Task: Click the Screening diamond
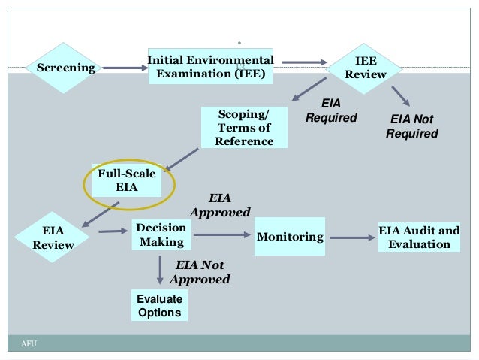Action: point(66,68)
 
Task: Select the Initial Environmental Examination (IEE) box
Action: point(210,67)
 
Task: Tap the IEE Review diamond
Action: point(366,68)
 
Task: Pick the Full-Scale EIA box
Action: point(127,180)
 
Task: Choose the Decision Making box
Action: point(161,235)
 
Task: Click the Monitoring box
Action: point(290,237)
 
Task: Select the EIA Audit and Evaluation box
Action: point(419,237)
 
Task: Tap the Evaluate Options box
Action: point(159,305)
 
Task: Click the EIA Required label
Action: point(331,110)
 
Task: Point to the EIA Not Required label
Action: point(412,126)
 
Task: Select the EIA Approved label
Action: point(220,205)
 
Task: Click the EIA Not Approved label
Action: point(200,272)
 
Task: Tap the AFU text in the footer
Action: point(29,344)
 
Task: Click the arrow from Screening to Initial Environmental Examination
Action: point(125,68)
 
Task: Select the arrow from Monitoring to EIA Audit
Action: point(352,238)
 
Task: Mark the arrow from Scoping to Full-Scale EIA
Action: point(181,159)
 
